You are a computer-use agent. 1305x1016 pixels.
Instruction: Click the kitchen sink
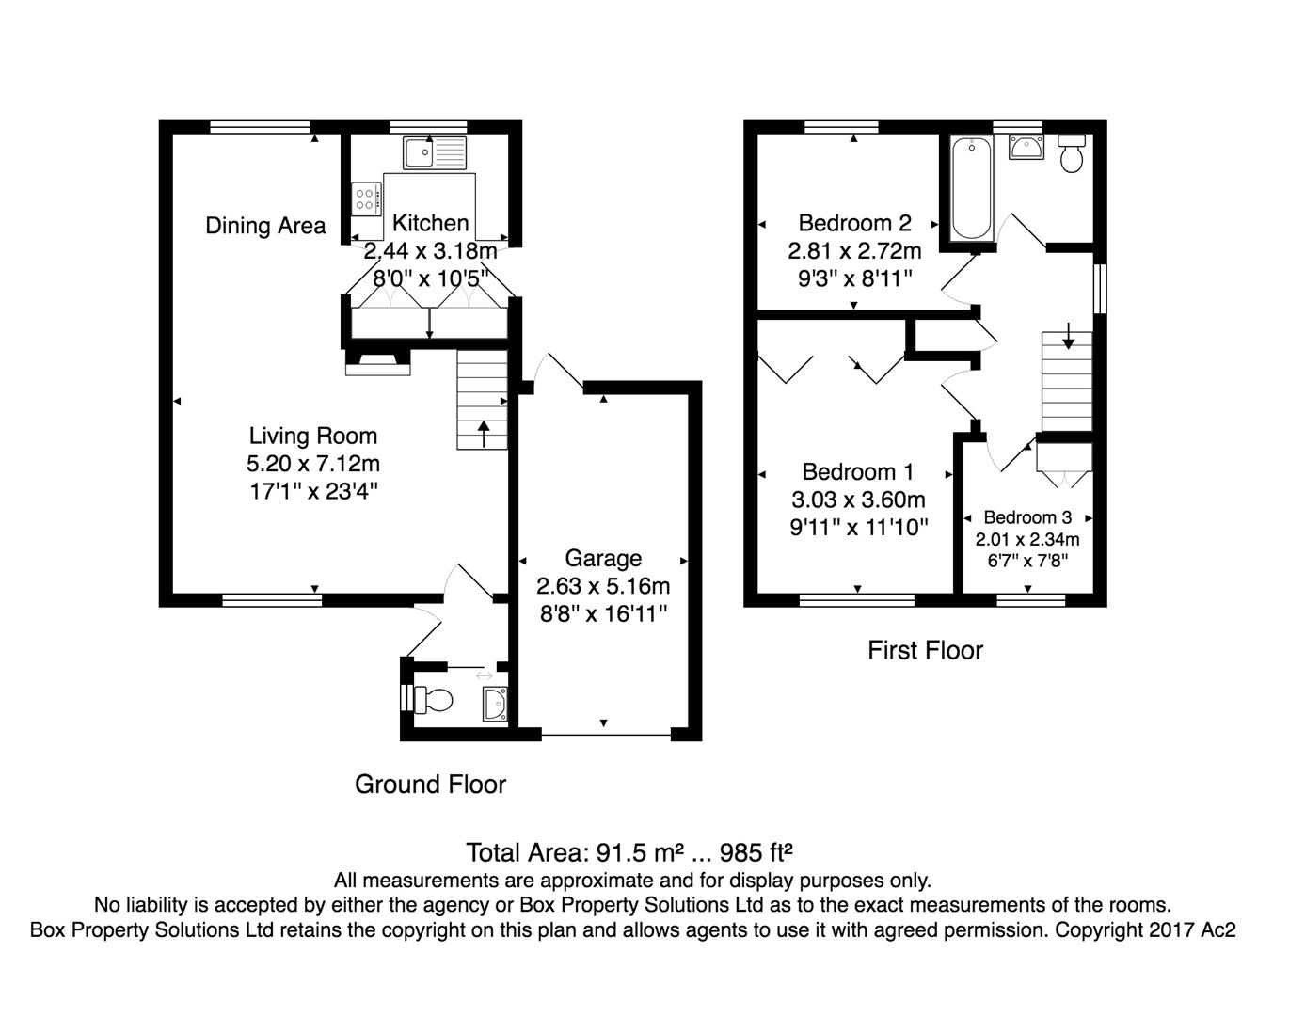tap(435, 152)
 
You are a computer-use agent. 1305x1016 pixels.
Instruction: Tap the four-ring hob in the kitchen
tap(367, 199)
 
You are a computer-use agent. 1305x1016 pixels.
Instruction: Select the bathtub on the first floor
tap(971, 188)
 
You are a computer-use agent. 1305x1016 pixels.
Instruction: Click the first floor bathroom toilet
tap(1071, 153)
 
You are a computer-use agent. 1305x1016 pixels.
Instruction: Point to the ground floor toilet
tap(434, 700)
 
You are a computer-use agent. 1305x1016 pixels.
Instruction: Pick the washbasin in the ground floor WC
tap(495, 704)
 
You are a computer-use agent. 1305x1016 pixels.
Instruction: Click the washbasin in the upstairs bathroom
tap(1026, 147)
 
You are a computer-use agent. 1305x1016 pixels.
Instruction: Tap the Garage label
tap(603, 559)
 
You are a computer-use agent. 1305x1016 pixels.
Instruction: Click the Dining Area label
tap(265, 226)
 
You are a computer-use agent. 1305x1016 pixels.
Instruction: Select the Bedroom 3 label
tap(1027, 517)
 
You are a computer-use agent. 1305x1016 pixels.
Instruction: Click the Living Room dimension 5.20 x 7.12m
tap(313, 464)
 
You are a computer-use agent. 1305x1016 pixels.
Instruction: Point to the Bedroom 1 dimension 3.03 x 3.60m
tap(858, 500)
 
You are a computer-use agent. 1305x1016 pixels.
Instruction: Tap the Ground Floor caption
tap(431, 785)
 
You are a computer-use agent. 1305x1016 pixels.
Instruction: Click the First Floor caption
tap(925, 650)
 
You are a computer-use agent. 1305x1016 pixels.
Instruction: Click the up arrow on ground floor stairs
tap(484, 434)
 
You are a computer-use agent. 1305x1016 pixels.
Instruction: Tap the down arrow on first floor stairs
tap(1068, 336)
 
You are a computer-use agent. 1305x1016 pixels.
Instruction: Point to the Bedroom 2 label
tap(854, 223)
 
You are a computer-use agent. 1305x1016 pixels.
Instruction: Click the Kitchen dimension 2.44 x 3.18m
tap(431, 251)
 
